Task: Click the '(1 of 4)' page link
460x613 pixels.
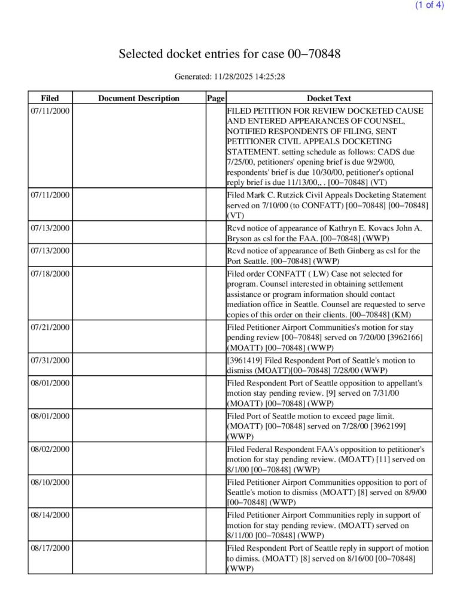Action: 429,5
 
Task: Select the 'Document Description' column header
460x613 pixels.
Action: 138,98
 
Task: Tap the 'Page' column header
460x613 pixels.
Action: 215,98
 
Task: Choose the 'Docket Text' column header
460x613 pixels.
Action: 329,98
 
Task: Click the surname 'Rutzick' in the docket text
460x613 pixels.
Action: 288,195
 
